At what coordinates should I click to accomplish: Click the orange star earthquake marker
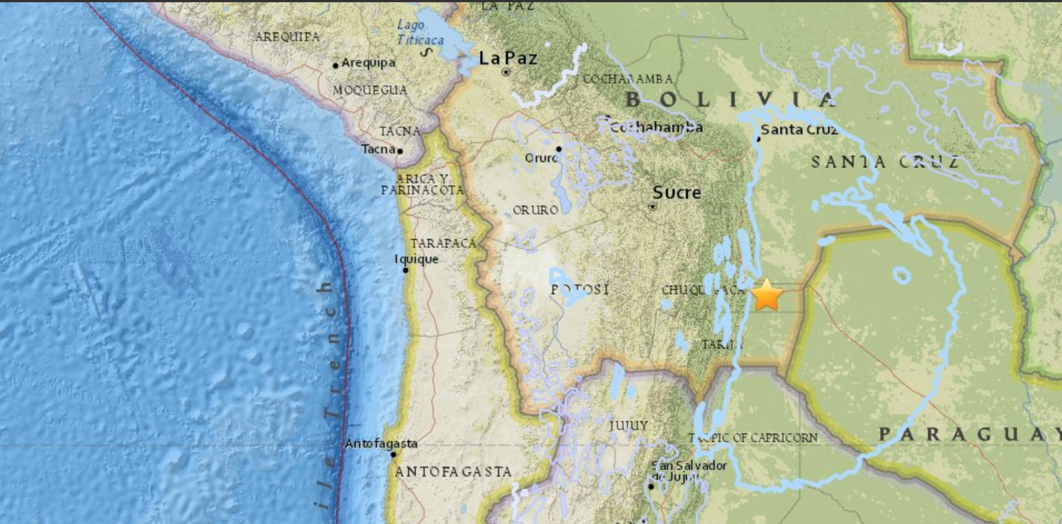click(767, 295)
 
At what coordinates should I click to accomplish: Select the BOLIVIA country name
click(730, 99)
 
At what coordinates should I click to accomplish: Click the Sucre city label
click(676, 192)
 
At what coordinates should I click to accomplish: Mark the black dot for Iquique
click(405, 270)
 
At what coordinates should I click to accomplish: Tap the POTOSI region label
click(580, 289)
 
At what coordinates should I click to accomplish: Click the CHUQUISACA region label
click(702, 290)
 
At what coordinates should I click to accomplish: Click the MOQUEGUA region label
click(370, 90)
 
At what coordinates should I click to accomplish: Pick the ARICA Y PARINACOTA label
click(422, 185)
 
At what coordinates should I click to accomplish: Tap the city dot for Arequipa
click(335, 66)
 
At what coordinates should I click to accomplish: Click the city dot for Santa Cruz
click(758, 138)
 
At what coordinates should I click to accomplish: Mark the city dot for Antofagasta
click(393, 454)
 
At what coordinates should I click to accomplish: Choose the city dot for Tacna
click(400, 151)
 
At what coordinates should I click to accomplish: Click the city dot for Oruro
click(559, 149)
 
